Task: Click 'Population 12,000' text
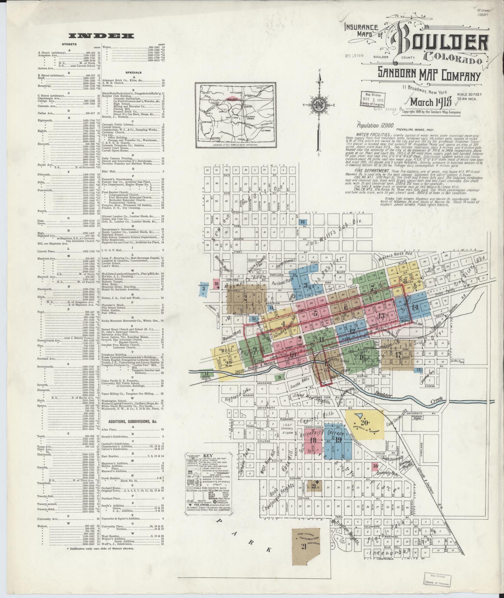(x=373, y=125)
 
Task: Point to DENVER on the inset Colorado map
(x=248, y=106)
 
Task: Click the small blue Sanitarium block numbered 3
(x=203, y=289)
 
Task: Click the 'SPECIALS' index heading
(x=134, y=72)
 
